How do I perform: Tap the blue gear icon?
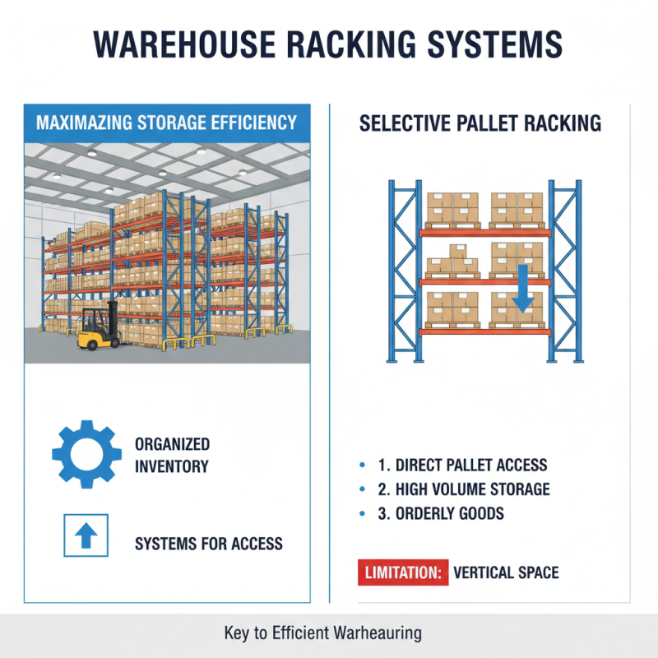[86, 454]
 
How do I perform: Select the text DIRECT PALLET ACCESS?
[462, 466]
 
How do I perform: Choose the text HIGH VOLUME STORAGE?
[464, 490]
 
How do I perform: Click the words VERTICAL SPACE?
[506, 572]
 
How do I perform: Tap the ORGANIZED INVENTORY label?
[172, 456]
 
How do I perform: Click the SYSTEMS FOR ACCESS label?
[208, 544]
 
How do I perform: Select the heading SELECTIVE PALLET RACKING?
[480, 124]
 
